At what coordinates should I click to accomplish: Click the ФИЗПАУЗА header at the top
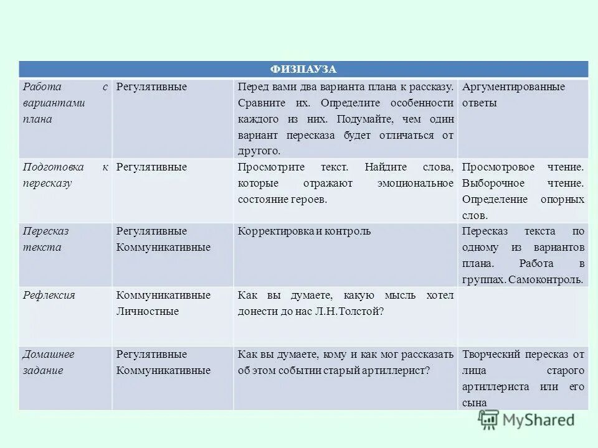303,69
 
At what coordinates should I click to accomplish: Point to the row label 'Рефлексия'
49,295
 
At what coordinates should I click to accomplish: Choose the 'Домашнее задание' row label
49,362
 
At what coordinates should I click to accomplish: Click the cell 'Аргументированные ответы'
514,95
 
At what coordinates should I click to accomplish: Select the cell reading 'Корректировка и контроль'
304,231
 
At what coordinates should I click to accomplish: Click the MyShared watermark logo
527,419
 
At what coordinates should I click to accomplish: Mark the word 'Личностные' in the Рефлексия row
148,311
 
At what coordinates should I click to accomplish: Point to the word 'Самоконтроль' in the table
546,280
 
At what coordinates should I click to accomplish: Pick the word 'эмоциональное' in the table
415,184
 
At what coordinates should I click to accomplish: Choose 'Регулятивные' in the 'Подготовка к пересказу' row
151,167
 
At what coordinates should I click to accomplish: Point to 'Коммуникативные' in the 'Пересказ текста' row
163,248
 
